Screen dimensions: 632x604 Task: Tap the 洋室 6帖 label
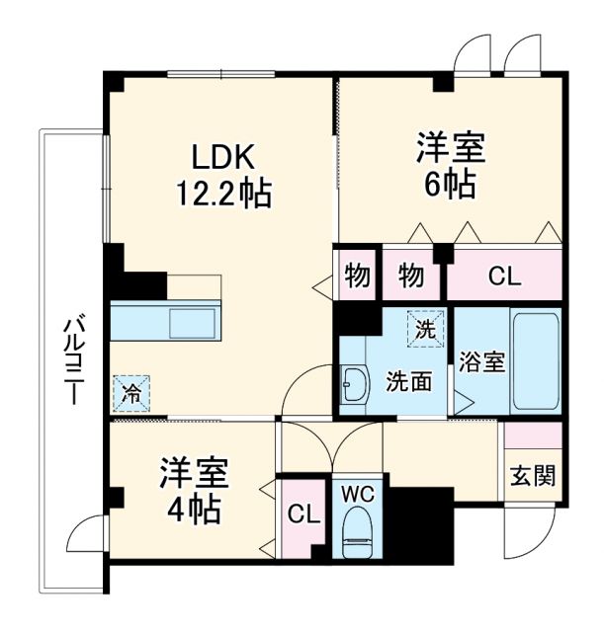point(450,165)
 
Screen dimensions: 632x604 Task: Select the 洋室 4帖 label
point(194,491)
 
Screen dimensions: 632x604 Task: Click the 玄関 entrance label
point(533,475)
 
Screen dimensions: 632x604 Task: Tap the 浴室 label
point(482,362)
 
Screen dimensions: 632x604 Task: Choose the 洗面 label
point(407,380)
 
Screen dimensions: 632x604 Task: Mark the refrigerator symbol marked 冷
point(131,391)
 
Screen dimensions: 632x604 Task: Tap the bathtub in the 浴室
point(536,362)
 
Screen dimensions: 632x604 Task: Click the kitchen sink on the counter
point(187,323)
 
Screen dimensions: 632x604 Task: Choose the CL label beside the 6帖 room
point(504,276)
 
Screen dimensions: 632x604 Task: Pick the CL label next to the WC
point(302,513)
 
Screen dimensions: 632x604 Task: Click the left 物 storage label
point(356,276)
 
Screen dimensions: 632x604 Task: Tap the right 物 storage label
point(411,276)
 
